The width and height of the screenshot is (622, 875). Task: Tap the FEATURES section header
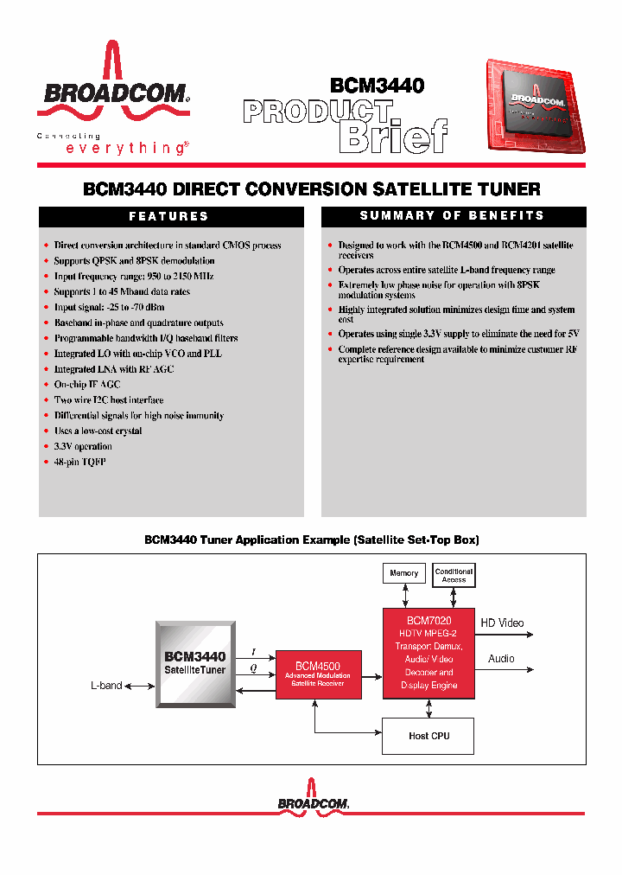coord(169,216)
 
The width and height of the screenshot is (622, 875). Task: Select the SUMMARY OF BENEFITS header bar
coord(453,216)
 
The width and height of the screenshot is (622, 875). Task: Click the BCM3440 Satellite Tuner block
coord(195,663)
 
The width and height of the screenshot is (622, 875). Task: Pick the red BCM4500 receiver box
coord(317,674)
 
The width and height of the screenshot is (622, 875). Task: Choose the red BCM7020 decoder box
coord(428,653)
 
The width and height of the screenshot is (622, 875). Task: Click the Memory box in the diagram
coord(403,573)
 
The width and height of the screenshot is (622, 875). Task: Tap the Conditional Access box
coord(454,575)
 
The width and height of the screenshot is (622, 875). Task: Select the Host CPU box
coord(428,736)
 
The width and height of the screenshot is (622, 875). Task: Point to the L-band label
coord(106,686)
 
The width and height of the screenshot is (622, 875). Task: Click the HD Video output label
coord(502,623)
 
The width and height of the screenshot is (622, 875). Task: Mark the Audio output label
coord(501,659)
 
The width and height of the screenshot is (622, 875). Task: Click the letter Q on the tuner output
coord(253,667)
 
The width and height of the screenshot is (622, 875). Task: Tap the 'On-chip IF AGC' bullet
coord(87,385)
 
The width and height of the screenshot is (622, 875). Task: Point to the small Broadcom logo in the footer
coord(313,802)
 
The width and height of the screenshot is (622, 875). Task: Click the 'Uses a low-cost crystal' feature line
coord(98,431)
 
